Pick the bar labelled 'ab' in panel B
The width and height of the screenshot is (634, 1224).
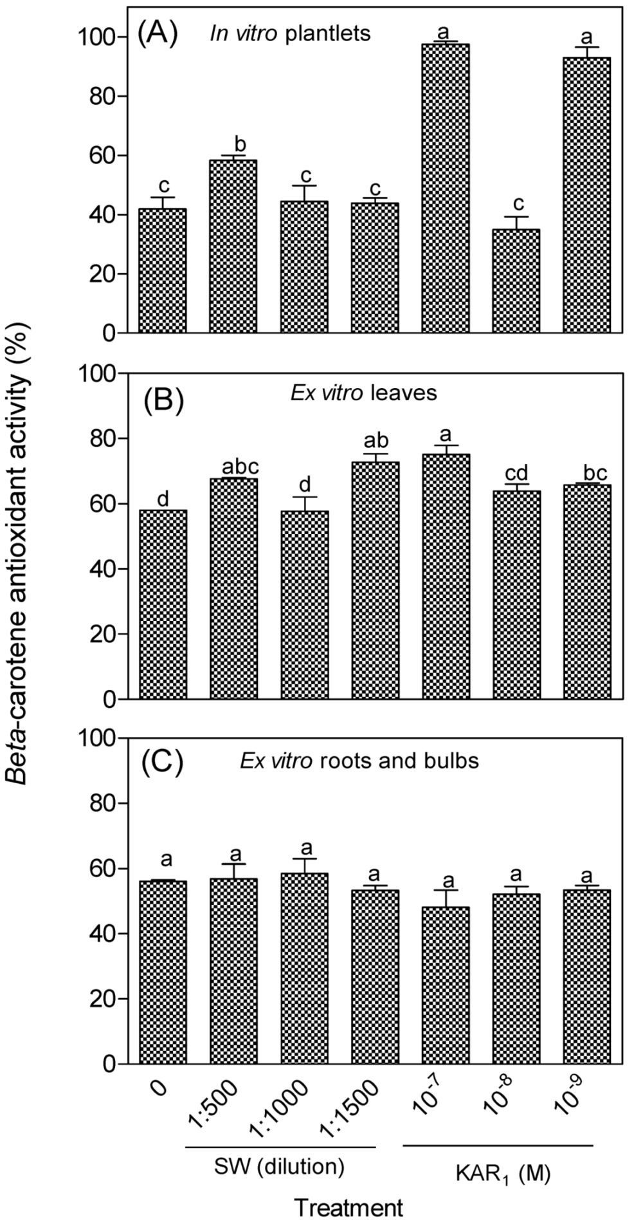(376, 579)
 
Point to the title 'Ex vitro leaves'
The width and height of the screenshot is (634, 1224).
(363, 393)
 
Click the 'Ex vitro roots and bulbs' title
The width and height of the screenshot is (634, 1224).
(359, 761)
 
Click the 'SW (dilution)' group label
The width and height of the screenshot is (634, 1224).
(280, 1165)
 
